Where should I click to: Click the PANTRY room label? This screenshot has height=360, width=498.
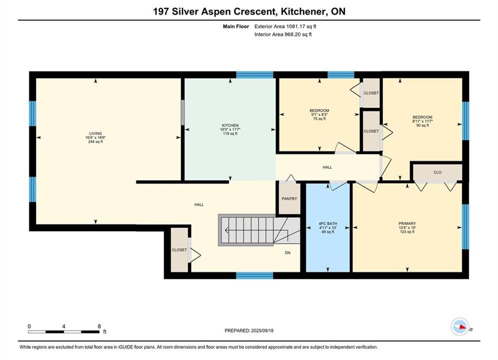click(289, 198)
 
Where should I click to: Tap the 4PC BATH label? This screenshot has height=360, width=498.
click(328, 223)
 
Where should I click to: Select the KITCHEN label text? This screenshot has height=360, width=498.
click(230, 125)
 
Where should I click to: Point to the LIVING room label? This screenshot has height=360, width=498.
click(95, 133)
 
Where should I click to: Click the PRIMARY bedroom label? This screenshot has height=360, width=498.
click(407, 223)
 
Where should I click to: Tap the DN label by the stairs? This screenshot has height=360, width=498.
click(287, 253)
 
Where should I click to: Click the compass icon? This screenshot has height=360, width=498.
click(460, 326)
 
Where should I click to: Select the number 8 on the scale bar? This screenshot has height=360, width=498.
click(100, 326)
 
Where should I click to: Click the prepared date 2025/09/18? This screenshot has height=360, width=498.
click(262, 330)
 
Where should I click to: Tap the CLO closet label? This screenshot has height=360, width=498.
click(437, 172)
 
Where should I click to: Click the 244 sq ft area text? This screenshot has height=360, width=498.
click(95, 142)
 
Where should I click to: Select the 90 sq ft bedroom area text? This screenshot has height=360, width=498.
click(422, 125)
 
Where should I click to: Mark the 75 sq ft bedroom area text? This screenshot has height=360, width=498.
click(319, 118)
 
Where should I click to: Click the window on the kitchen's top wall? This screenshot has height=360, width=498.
click(255, 75)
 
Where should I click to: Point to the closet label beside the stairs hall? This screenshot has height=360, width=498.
click(179, 250)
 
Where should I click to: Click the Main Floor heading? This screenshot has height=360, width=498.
click(236, 26)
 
